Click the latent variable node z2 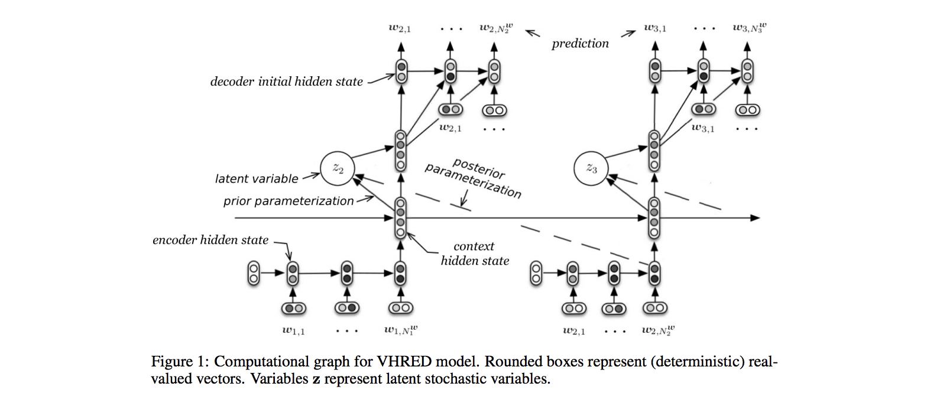pyautogui.click(x=338, y=168)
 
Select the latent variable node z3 pyautogui.click(x=592, y=168)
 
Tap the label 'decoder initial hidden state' pyautogui.click(x=287, y=82)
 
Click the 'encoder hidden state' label pyautogui.click(x=210, y=240)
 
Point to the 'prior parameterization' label pyautogui.click(x=289, y=201)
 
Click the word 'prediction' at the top pyautogui.click(x=580, y=44)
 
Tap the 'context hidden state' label pyautogui.click(x=474, y=253)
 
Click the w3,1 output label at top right pyautogui.click(x=655, y=28)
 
